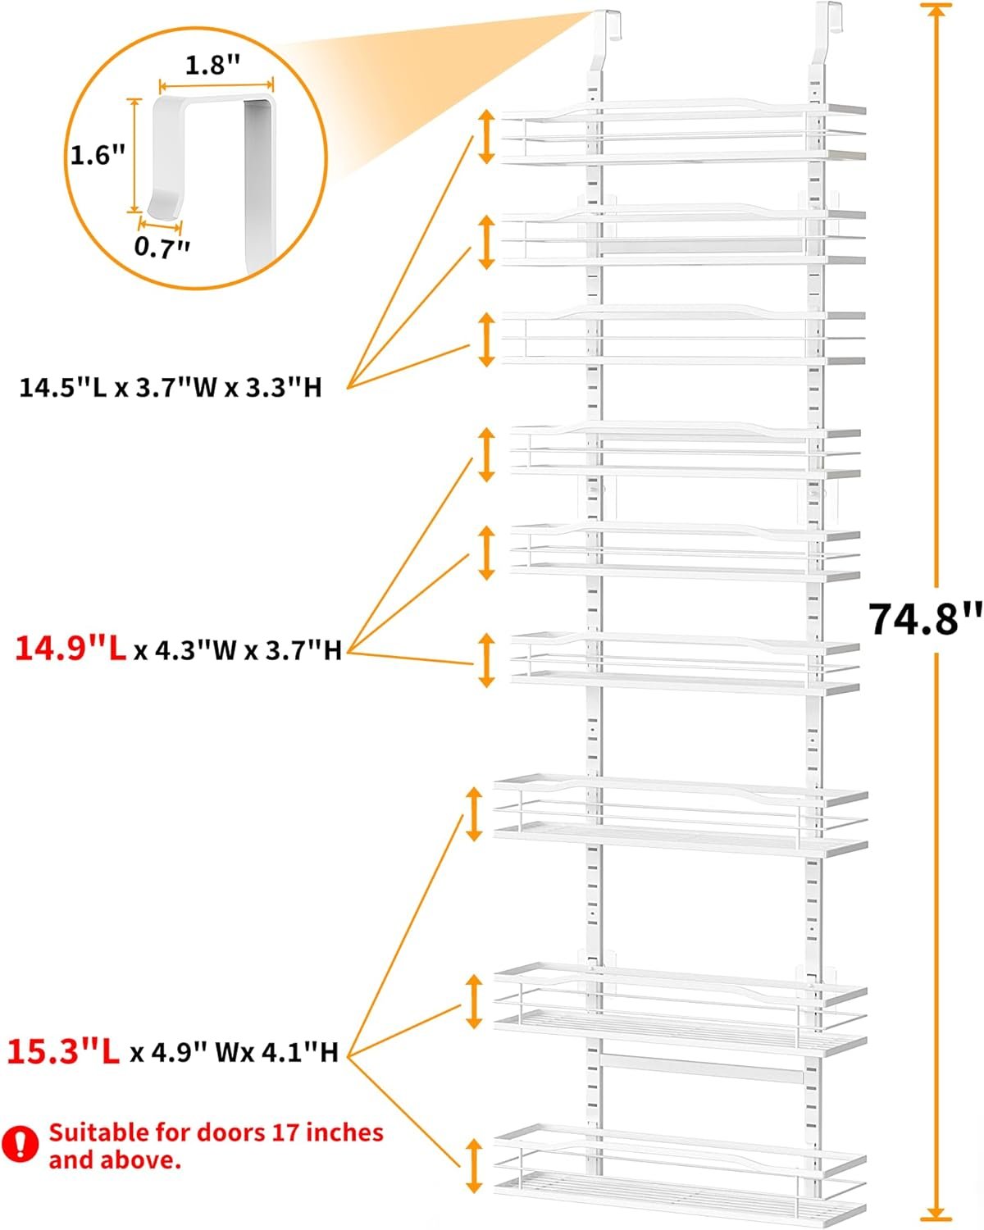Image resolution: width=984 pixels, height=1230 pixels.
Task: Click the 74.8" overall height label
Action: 924,619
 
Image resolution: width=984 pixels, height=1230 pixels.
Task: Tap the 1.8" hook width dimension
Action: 212,65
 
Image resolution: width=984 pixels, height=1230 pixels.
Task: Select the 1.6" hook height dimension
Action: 98,154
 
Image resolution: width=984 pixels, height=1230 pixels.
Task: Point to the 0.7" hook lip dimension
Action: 162,247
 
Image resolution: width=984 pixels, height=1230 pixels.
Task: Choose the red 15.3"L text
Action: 63,1052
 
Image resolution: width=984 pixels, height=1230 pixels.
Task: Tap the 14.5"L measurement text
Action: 63,388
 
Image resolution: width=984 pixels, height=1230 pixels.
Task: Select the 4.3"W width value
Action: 195,650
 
